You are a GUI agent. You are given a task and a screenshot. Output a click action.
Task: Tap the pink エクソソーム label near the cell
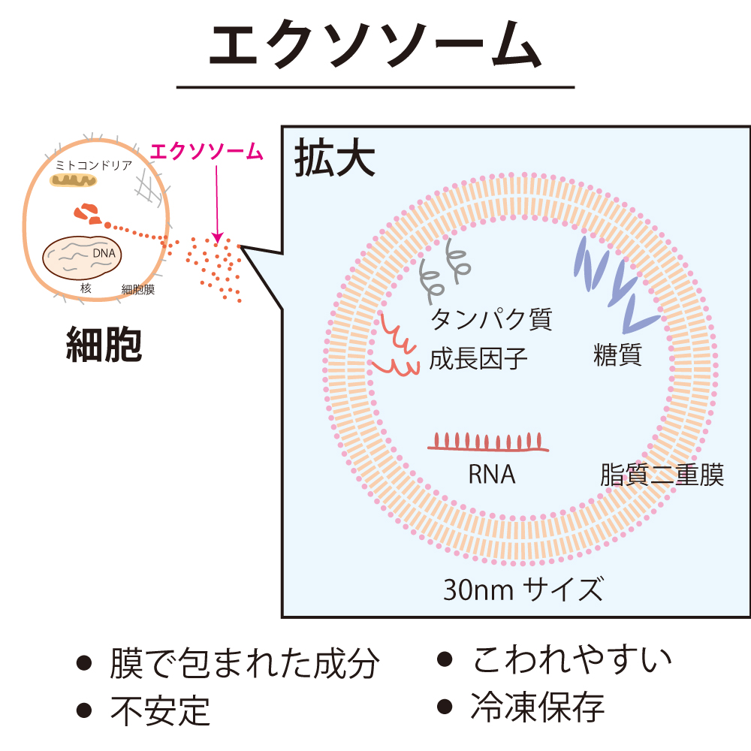click(207, 152)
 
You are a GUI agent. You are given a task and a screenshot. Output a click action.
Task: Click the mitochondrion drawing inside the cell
click(74, 180)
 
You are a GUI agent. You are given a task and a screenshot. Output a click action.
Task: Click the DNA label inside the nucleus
click(104, 254)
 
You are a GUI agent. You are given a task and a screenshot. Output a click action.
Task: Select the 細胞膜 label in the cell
click(138, 289)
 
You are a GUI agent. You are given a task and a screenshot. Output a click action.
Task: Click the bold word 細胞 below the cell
click(104, 344)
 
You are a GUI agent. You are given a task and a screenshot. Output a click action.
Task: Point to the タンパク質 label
click(491, 319)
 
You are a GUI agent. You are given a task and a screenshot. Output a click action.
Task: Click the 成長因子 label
click(478, 359)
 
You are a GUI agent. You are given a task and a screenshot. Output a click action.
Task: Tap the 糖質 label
click(617, 355)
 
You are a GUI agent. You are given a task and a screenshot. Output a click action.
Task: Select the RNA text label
click(492, 475)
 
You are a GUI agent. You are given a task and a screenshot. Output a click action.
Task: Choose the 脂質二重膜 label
click(662, 475)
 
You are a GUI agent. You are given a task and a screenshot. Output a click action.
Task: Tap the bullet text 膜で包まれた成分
click(245, 664)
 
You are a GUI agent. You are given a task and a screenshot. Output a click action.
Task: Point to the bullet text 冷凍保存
click(538, 707)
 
